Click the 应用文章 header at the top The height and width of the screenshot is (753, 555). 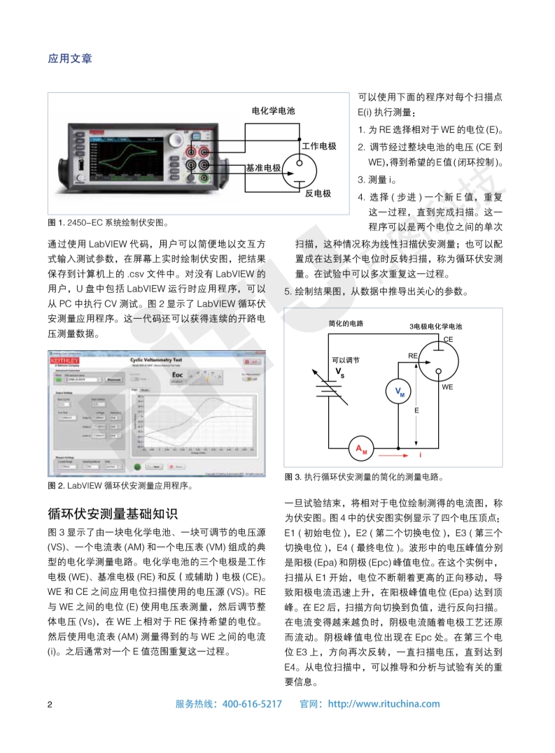(x=70, y=59)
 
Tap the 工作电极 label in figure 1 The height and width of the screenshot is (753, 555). (x=318, y=146)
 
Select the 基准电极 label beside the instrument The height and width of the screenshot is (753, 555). (x=263, y=168)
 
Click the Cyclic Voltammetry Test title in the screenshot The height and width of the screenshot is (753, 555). (x=162, y=358)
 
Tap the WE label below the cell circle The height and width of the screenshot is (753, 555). (x=447, y=386)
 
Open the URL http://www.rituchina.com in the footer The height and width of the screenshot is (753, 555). (x=384, y=704)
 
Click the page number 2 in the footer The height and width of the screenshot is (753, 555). (x=50, y=704)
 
